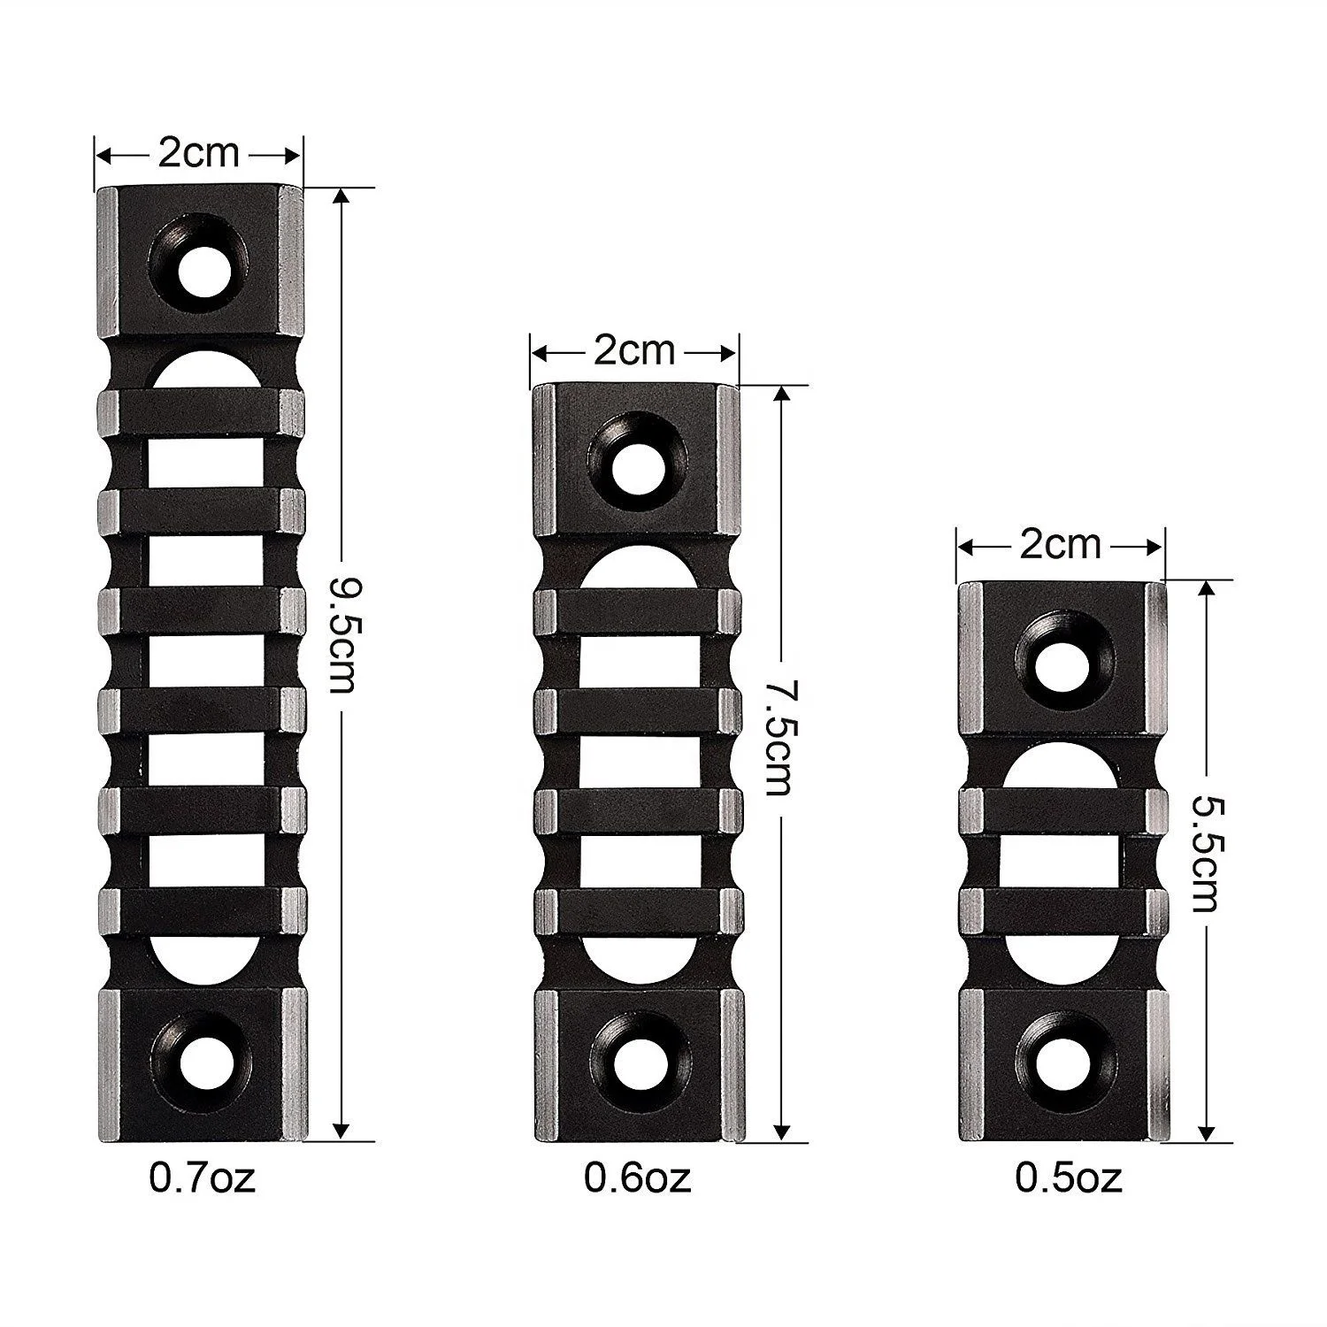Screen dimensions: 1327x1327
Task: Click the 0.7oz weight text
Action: [203, 1177]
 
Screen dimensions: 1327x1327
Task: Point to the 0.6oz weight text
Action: [637, 1177]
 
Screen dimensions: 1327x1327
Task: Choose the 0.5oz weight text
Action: [1069, 1177]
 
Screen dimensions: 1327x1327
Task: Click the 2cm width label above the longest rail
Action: [199, 154]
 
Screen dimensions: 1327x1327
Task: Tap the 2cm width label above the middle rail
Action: [633, 352]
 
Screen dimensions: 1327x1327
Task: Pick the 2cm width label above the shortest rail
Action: [1061, 545]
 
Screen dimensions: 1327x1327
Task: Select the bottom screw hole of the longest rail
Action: [201, 1057]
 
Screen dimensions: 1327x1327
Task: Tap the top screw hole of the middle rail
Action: [636, 463]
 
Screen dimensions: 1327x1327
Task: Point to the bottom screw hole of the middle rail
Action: [636, 1059]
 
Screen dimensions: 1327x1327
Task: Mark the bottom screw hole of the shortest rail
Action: [1062, 1061]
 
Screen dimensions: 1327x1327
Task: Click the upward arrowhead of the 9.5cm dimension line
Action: [341, 199]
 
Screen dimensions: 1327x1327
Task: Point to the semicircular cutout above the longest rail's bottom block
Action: [201, 960]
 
